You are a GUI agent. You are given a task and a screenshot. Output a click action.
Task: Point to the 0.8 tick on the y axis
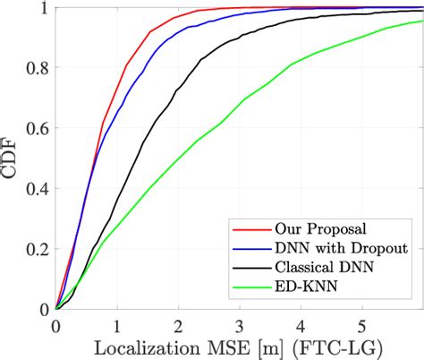(39, 68)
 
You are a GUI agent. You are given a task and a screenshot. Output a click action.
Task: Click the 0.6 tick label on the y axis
(39, 128)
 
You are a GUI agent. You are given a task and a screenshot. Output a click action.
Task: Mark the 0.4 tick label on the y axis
(39, 188)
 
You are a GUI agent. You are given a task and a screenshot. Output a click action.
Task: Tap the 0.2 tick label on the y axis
(39, 249)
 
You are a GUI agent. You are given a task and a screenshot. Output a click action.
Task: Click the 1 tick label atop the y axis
(45, 8)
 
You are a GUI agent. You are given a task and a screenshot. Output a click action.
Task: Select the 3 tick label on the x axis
(240, 325)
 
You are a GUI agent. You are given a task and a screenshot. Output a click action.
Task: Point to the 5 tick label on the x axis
(362, 325)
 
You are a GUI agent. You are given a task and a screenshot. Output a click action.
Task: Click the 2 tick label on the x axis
(178, 325)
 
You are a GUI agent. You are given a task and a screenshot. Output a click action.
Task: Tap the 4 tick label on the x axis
(301, 325)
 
